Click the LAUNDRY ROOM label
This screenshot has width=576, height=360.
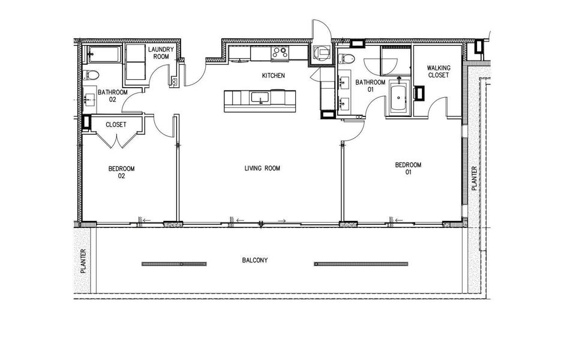click(x=161, y=53)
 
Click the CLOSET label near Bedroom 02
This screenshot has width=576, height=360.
click(x=115, y=125)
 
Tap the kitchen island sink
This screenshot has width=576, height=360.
click(x=260, y=97)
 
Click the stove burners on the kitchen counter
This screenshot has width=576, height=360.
click(x=280, y=53)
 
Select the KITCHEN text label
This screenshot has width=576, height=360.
click(x=272, y=76)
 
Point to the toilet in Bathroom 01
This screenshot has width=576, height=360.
click(x=345, y=58)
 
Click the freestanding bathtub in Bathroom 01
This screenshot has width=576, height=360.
click(x=398, y=98)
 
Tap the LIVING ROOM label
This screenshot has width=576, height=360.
click(x=262, y=169)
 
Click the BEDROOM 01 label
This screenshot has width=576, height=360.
click(x=408, y=169)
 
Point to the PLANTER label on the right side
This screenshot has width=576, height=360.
click(x=473, y=179)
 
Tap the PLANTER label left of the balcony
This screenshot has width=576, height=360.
click(x=83, y=262)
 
